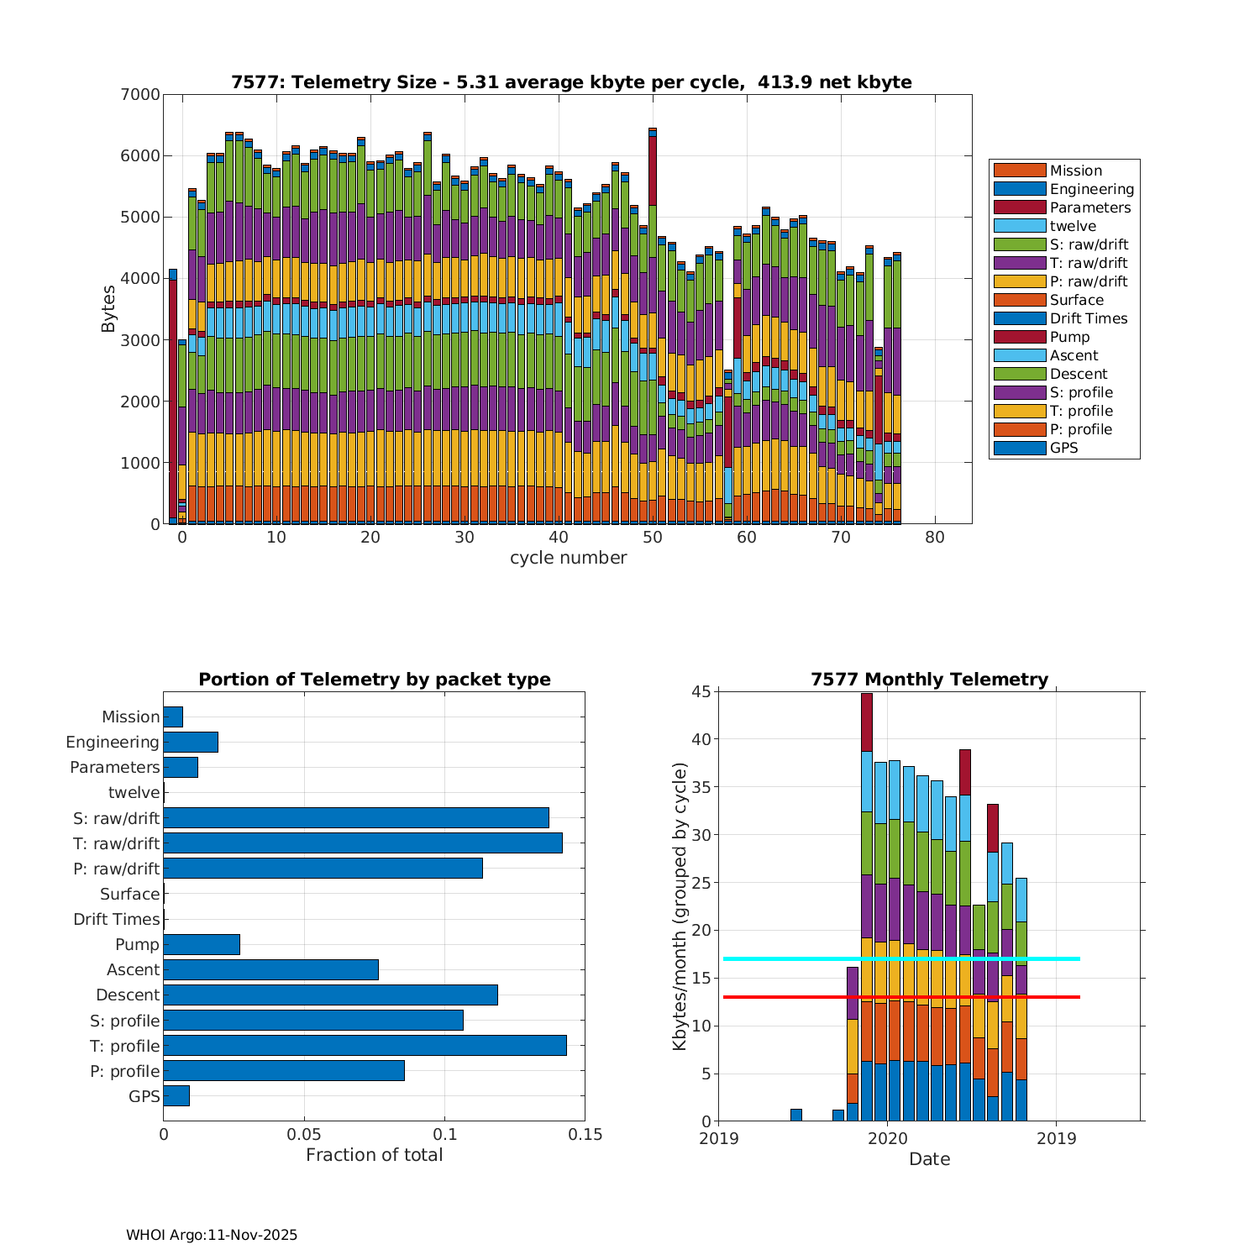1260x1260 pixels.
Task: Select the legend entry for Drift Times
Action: pyautogui.click(x=1088, y=318)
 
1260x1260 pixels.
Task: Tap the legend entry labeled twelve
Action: pyautogui.click(x=1073, y=226)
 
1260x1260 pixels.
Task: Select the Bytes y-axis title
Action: pyautogui.click(x=108, y=309)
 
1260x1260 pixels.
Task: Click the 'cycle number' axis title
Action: pyautogui.click(x=568, y=558)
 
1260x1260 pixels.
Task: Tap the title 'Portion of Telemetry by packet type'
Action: pyautogui.click(x=374, y=680)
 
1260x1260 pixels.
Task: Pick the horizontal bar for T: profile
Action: pyautogui.click(x=365, y=1046)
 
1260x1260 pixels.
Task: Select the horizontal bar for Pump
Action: pyautogui.click(x=202, y=944)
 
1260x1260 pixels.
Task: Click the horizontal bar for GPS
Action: pyautogui.click(x=176, y=1096)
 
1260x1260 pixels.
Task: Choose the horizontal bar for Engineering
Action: pyautogui.click(x=191, y=742)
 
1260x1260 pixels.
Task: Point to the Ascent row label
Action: pyautogui.click(x=133, y=970)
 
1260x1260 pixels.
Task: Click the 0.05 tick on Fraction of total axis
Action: pyautogui.click(x=304, y=1135)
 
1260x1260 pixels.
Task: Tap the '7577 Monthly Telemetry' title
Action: pyautogui.click(x=929, y=680)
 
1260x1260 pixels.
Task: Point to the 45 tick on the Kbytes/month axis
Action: pyautogui.click(x=701, y=692)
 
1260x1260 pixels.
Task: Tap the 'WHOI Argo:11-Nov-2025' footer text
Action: pyautogui.click(x=212, y=1235)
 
